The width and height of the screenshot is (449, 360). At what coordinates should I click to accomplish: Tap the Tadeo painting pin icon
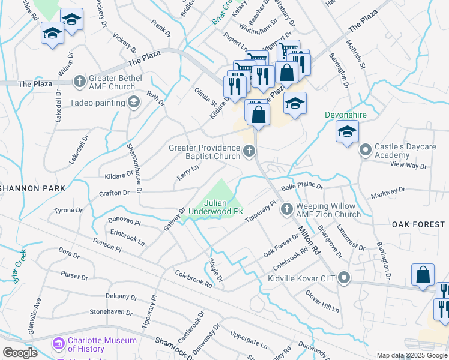pos(133,103)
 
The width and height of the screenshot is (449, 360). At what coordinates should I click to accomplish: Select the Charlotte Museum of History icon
pos(59,344)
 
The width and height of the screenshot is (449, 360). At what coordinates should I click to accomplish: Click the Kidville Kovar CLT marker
pos(344,277)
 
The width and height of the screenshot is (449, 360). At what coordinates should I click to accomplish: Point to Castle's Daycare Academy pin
pos(364,149)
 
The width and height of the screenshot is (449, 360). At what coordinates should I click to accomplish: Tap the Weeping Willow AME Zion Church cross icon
pos(287,209)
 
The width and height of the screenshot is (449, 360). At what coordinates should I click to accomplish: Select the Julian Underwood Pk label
pos(215,207)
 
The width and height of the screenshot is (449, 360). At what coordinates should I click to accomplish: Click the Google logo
pos(20,352)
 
